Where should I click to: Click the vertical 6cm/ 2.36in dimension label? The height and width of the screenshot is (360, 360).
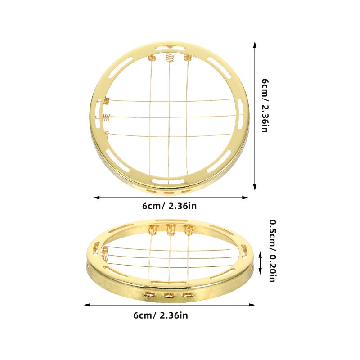coord(265,106)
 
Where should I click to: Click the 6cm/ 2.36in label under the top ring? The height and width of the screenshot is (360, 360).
coord(170,206)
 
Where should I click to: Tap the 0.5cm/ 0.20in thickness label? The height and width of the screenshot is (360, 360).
coord(273,251)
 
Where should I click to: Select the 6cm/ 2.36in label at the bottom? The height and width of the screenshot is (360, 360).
coord(161,315)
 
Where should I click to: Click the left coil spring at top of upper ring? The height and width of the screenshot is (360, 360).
coord(152,58)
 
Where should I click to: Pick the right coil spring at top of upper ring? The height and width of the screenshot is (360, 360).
coord(187,58)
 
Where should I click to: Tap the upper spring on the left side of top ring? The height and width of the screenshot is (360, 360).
coord(107,101)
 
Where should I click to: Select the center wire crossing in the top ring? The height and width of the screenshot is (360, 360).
coord(169,117)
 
